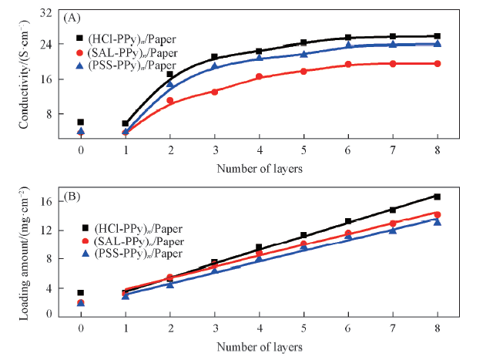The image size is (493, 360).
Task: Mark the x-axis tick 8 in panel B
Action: pyautogui.click(x=438, y=327)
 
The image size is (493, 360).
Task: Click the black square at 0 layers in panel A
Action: pyautogui.click(x=80, y=122)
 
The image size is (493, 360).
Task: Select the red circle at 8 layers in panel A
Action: pyautogui.click(x=438, y=63)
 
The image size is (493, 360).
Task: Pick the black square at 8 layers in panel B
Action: pyautogui.click(x=438, y=197)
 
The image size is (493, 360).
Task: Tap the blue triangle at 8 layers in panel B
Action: pyautogui.click(x=438, y=221)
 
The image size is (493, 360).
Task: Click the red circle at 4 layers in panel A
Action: pyautogui.click(x=259, y=77)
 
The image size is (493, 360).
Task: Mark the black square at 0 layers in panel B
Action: pyautogui.click(x=80, y=293)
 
